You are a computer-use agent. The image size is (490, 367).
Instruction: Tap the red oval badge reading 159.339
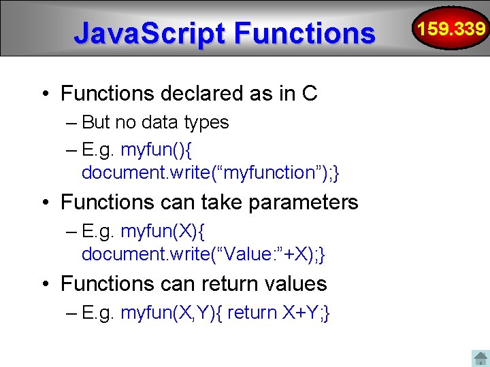[x=452, y=29]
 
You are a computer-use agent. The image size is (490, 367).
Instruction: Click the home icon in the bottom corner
[x=480, y=357]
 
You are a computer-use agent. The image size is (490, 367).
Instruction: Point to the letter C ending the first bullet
[x=310, y=93]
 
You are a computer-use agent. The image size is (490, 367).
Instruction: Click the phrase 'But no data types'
[x=155, y=122]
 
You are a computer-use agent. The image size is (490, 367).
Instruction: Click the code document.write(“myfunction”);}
[x=210, y=173]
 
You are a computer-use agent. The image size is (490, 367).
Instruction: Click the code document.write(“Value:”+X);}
[x=203, y=254]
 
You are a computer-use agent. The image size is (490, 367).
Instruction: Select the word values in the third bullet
[x=297, y=283]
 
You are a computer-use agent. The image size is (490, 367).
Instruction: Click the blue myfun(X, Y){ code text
[x=171, y=313]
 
